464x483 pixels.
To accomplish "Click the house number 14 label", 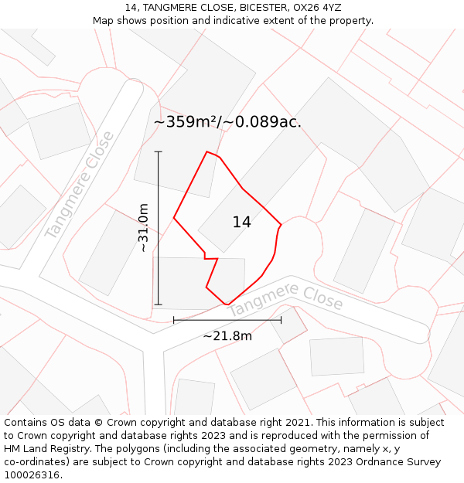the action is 241,223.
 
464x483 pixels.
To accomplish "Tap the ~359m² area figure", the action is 186,122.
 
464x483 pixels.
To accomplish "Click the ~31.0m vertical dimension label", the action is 143,227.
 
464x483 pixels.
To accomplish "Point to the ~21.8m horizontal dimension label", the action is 227,335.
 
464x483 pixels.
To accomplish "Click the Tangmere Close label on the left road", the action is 80,185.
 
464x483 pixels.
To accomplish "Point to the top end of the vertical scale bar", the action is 159,151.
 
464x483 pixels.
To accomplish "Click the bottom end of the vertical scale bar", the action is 159,304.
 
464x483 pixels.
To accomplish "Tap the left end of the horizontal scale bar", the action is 174,319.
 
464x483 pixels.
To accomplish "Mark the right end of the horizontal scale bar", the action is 281,319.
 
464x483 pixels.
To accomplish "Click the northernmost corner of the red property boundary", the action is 206,151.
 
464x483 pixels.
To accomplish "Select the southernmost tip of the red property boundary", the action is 227,304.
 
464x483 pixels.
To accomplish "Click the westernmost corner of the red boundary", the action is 174,218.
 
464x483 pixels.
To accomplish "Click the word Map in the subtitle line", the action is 104,21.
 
